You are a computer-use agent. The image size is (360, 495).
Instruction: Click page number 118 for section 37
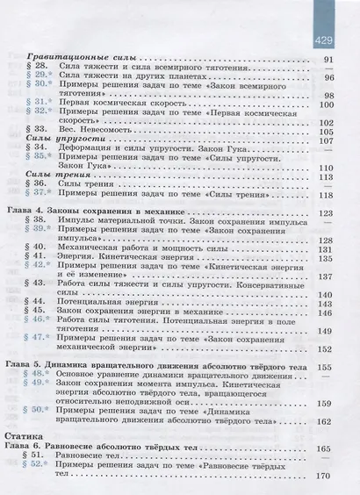click(x=329, y=195)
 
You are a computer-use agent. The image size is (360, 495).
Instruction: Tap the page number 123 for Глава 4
click(x=329, y=213)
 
